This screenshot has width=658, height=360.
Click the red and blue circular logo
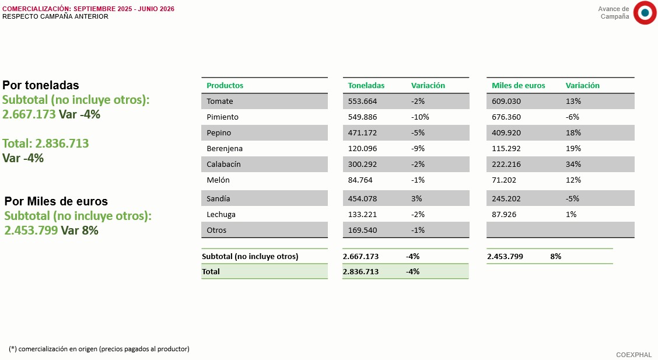[645, 13]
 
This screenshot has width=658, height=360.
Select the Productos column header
[225, 86]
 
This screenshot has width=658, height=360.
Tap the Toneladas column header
[366, 86]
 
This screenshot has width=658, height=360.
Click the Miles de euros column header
[518, 86]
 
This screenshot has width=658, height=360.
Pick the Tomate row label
[219, 101]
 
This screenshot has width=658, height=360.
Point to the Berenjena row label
[225, 149]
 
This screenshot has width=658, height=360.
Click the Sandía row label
[218, 198]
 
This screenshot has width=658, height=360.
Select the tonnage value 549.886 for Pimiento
[362, 117]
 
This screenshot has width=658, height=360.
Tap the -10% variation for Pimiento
[420, 117]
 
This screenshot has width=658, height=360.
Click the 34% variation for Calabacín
[573, 165]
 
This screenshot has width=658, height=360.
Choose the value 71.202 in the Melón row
[504, 180]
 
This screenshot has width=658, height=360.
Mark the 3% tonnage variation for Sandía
[416, 198]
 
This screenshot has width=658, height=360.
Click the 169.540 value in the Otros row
[362, 230]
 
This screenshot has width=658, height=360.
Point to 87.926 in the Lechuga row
[504, 214]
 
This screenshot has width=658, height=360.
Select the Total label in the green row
[211, 271]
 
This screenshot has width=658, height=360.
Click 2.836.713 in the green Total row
[360, 271]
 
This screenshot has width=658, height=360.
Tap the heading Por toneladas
[41, 85]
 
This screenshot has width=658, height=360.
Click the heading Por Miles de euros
[56, 201]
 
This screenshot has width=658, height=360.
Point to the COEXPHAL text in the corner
[633, 355]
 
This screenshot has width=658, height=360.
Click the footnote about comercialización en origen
[99, 349]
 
